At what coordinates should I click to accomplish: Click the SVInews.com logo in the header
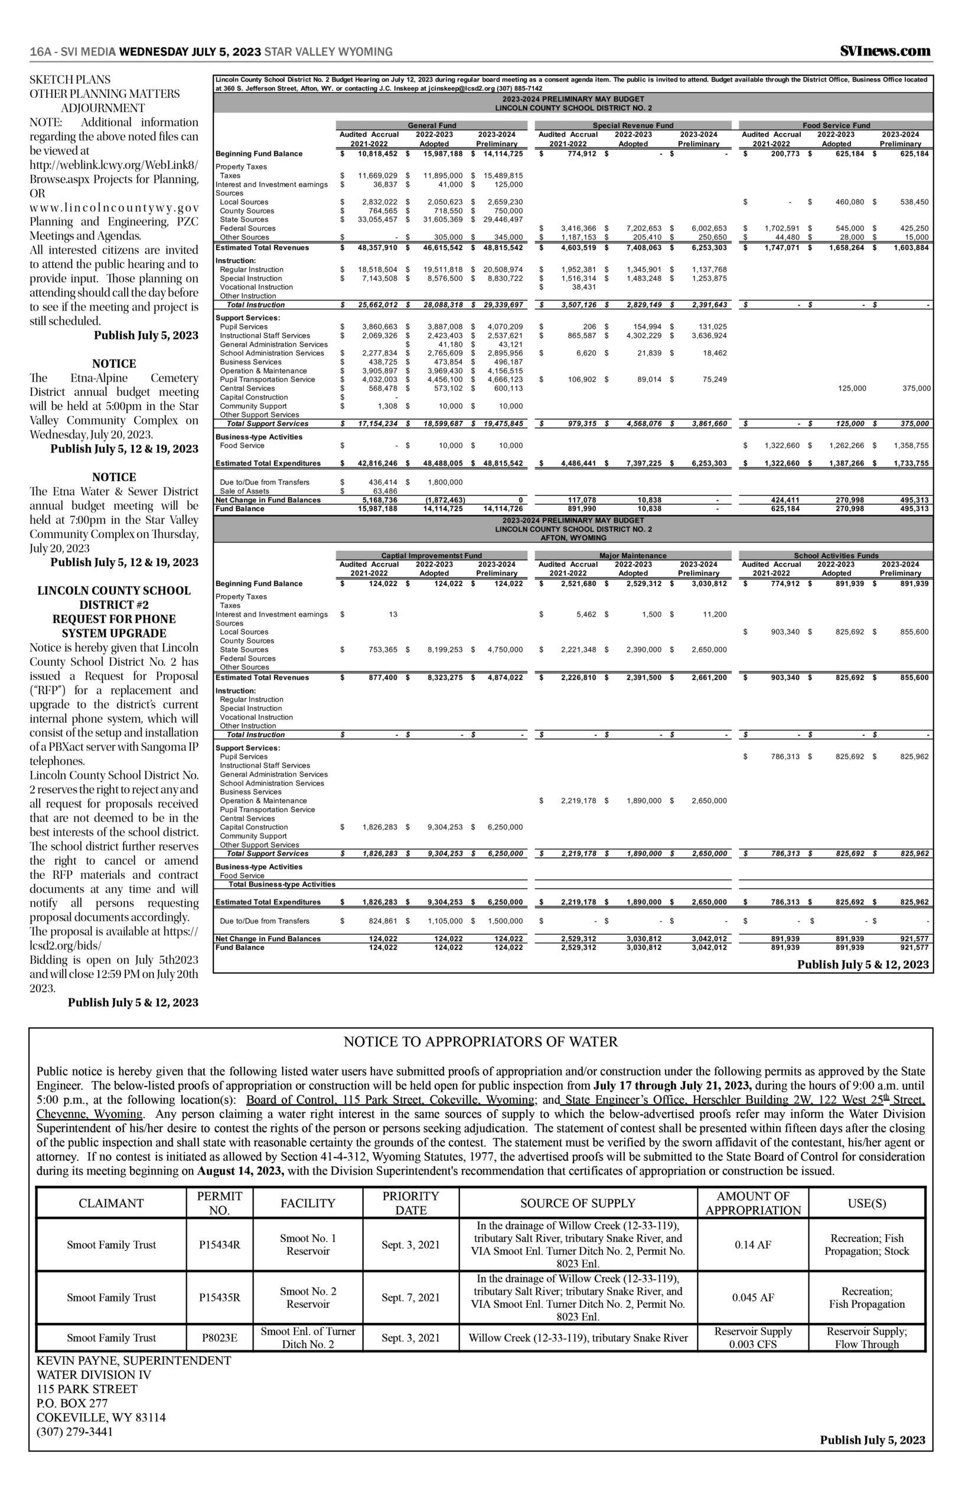(885, 51)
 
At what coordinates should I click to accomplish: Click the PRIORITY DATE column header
(411, 1202)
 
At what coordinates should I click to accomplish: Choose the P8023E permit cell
(219, 1337)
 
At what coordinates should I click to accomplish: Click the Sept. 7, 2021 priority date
(410, 1297)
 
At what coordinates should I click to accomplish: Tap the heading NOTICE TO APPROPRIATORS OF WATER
(480, 1041)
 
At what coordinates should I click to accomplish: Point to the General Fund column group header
(432, 126)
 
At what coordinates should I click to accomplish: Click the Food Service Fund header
(836, 126)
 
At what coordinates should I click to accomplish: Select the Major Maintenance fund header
(633, 555)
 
